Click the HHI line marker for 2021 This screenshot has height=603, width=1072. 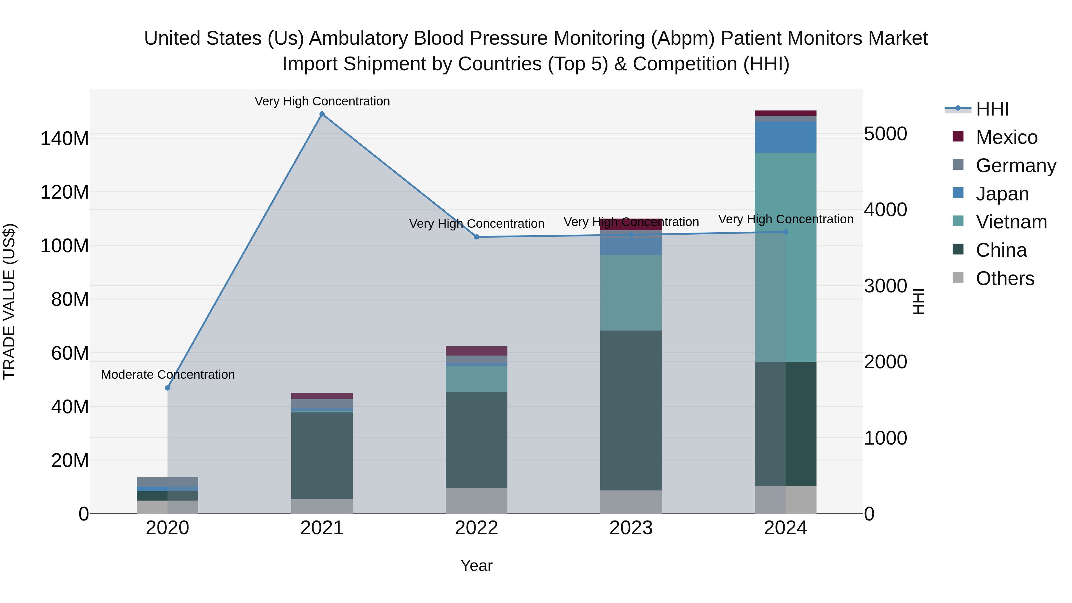322,114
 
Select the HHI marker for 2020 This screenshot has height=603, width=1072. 167,388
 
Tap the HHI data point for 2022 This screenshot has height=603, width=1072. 476,237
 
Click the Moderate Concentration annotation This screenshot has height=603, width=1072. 168,375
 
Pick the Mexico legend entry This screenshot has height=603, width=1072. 1006,137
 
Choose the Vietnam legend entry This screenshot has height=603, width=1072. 1011,222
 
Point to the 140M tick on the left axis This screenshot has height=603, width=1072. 65,138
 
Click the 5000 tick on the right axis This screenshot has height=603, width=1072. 885,134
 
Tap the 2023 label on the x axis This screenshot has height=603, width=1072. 631,528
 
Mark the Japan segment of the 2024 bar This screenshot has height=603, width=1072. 785,137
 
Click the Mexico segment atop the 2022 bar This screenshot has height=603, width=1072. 476,350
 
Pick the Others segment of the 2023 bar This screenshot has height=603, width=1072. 631,501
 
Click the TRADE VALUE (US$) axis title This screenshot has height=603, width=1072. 9,301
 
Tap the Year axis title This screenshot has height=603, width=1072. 476,565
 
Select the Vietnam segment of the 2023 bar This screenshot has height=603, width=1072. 631,292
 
